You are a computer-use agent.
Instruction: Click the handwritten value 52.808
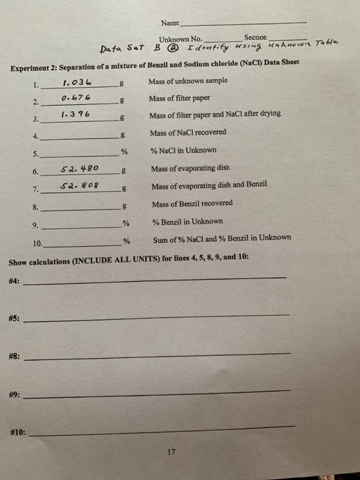(80, 185)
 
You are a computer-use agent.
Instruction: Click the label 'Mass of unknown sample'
(188, 82)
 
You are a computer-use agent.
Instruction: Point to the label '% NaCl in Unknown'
(183, 150)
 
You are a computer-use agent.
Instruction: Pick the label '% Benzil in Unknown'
(187, 221)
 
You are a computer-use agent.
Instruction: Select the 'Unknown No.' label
(180, 39)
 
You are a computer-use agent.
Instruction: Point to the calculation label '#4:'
(14, 280)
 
